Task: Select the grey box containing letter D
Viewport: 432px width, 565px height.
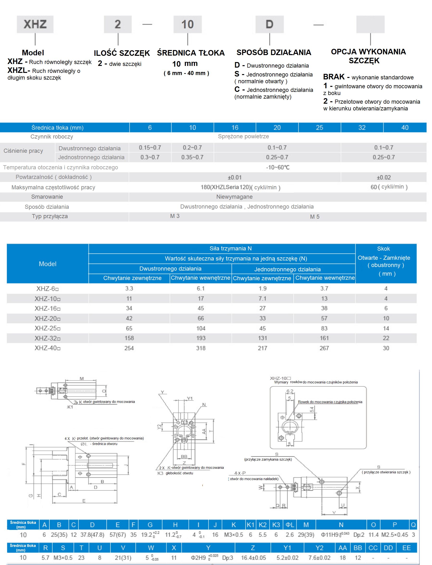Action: pyautogui.click(x=269, y=24)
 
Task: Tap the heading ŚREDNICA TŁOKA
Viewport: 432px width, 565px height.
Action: pyautogui.click(x=191, y=53)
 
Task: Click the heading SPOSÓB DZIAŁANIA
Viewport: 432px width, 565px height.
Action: pyautogui.click(x=274, y=52)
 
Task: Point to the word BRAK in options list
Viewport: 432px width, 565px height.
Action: pyautogui.click(x=333, y=77)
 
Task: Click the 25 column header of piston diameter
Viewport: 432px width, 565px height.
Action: pyautogui.click(x=319, y=128)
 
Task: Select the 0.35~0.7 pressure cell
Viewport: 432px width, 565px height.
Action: pyautogui.click(x=192, y=157)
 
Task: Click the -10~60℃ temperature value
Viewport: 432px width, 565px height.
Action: pyautogui.click(x=277, y=167)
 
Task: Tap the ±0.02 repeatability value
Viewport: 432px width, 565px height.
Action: pyautogui.click(x=383, y=177)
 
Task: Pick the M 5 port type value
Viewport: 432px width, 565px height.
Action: pyautogui.click(x=314, y=217)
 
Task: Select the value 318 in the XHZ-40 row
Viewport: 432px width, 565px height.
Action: pyautogui.click(x=200, y=348)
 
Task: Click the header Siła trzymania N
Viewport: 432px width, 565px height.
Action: pyautogui.click(x=230, y=248)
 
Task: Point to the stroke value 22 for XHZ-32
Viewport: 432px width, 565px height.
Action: pyautogui.click(x=386, y=338)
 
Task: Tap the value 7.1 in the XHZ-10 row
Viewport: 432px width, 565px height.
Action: pyautogui.click(x=262, y=298)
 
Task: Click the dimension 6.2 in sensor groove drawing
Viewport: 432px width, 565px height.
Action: pyautogui.click(x=290, y=391)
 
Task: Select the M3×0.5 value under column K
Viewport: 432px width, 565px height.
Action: pyautogui.click(x=233, y=535)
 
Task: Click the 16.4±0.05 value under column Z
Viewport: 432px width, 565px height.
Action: pyautogui.click(x=253, y=558)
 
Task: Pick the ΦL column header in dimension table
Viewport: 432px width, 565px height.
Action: pyautogui.click(x=290, y=525)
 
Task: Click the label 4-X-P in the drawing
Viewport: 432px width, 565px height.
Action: pyautogui.click(x=240, y=473)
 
